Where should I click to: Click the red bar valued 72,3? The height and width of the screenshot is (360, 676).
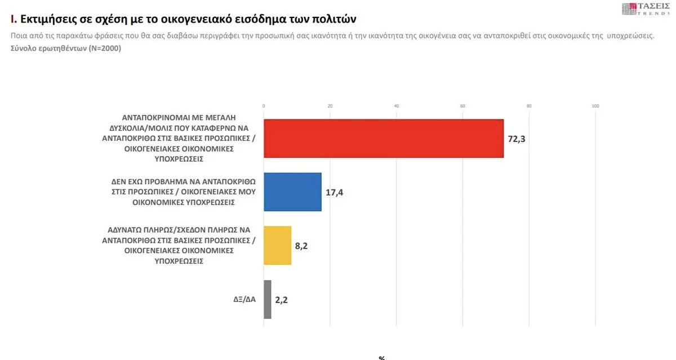[x=383, y=139]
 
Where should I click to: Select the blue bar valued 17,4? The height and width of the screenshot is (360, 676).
[x=292, y=192]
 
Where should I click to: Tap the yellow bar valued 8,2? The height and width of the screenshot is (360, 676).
[x=277, y=245]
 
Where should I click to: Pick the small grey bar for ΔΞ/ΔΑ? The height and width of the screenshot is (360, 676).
[x=267, y=299]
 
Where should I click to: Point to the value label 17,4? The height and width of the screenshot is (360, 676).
[x=335, y=192]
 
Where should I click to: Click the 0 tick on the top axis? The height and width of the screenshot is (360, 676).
[x=264, y=106]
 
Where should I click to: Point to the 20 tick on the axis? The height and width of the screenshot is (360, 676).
[x=330, y=106]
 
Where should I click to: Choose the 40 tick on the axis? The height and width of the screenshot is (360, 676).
[x=397, y=106]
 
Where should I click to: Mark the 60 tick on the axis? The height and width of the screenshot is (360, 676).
[x=462, y=106]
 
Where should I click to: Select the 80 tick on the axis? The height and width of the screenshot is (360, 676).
[x=529, y=106]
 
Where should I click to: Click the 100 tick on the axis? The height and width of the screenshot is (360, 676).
[x=595, y=106]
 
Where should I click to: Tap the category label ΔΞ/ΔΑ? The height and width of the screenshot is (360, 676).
[x=244, y=300]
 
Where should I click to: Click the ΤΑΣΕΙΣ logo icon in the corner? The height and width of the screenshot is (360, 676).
[x=629, y=9]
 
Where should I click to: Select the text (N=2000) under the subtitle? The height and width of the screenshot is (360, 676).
[x=103, y=48]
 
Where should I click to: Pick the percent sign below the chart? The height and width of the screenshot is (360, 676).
[x=381, y=357]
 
